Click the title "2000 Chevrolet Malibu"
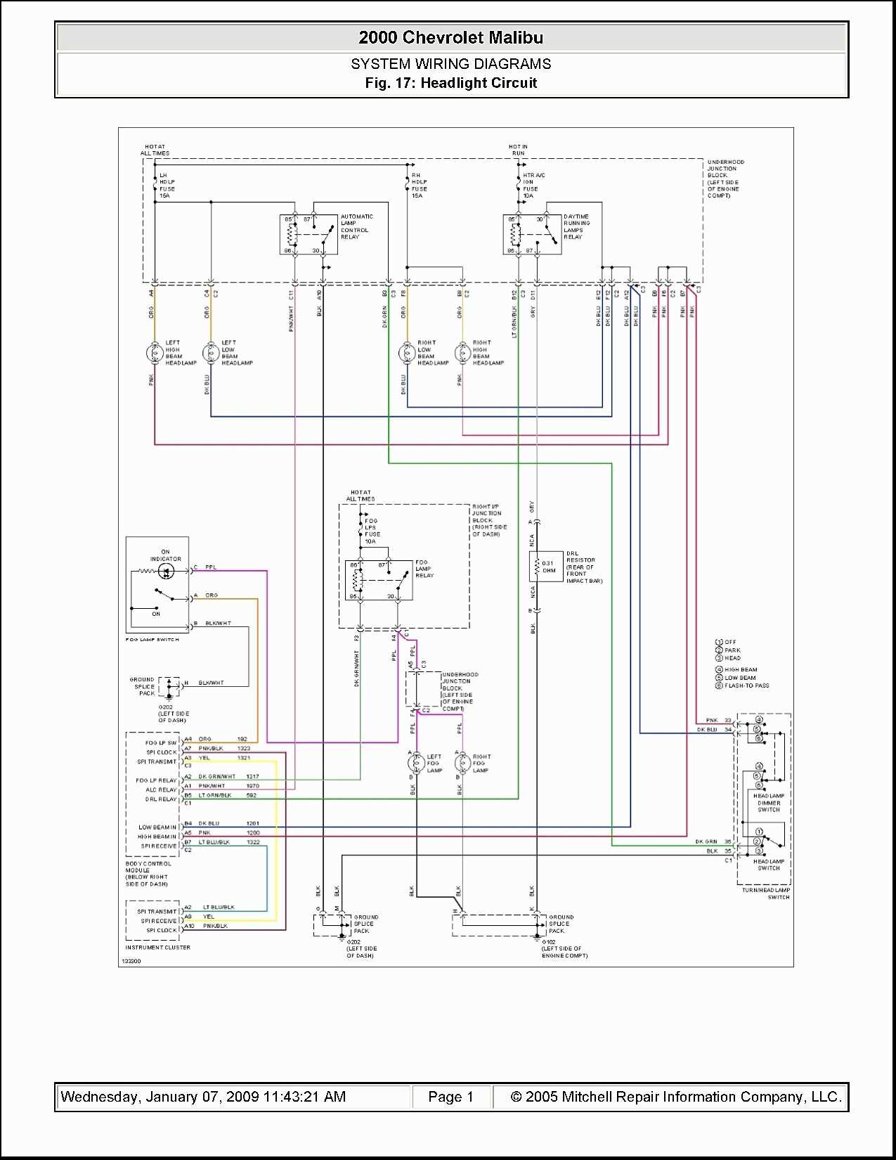click(x=450, y=37)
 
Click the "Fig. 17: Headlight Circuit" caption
click(x=450, y=83)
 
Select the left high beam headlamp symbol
click(x=155, y=352)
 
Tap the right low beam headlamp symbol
click(x=407, y=352)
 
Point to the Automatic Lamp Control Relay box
click(x=308, y=234)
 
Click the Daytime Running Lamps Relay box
click(x=532, y=234)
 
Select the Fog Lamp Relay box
click(x=378, y=580)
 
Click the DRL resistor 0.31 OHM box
click(x=545, y=567)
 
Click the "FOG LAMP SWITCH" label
click(x=152, y=640)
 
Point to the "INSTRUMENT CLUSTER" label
click(x=157, y=948)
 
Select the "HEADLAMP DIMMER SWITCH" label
click(x=769, y=803)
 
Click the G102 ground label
click(x=549, y=942)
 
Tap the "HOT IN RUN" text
click(x=518, y=150)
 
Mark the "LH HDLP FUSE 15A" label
click(x=167, y=186)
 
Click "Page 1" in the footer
click(x=450, y=1097)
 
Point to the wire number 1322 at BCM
click(x=253, y=842)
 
